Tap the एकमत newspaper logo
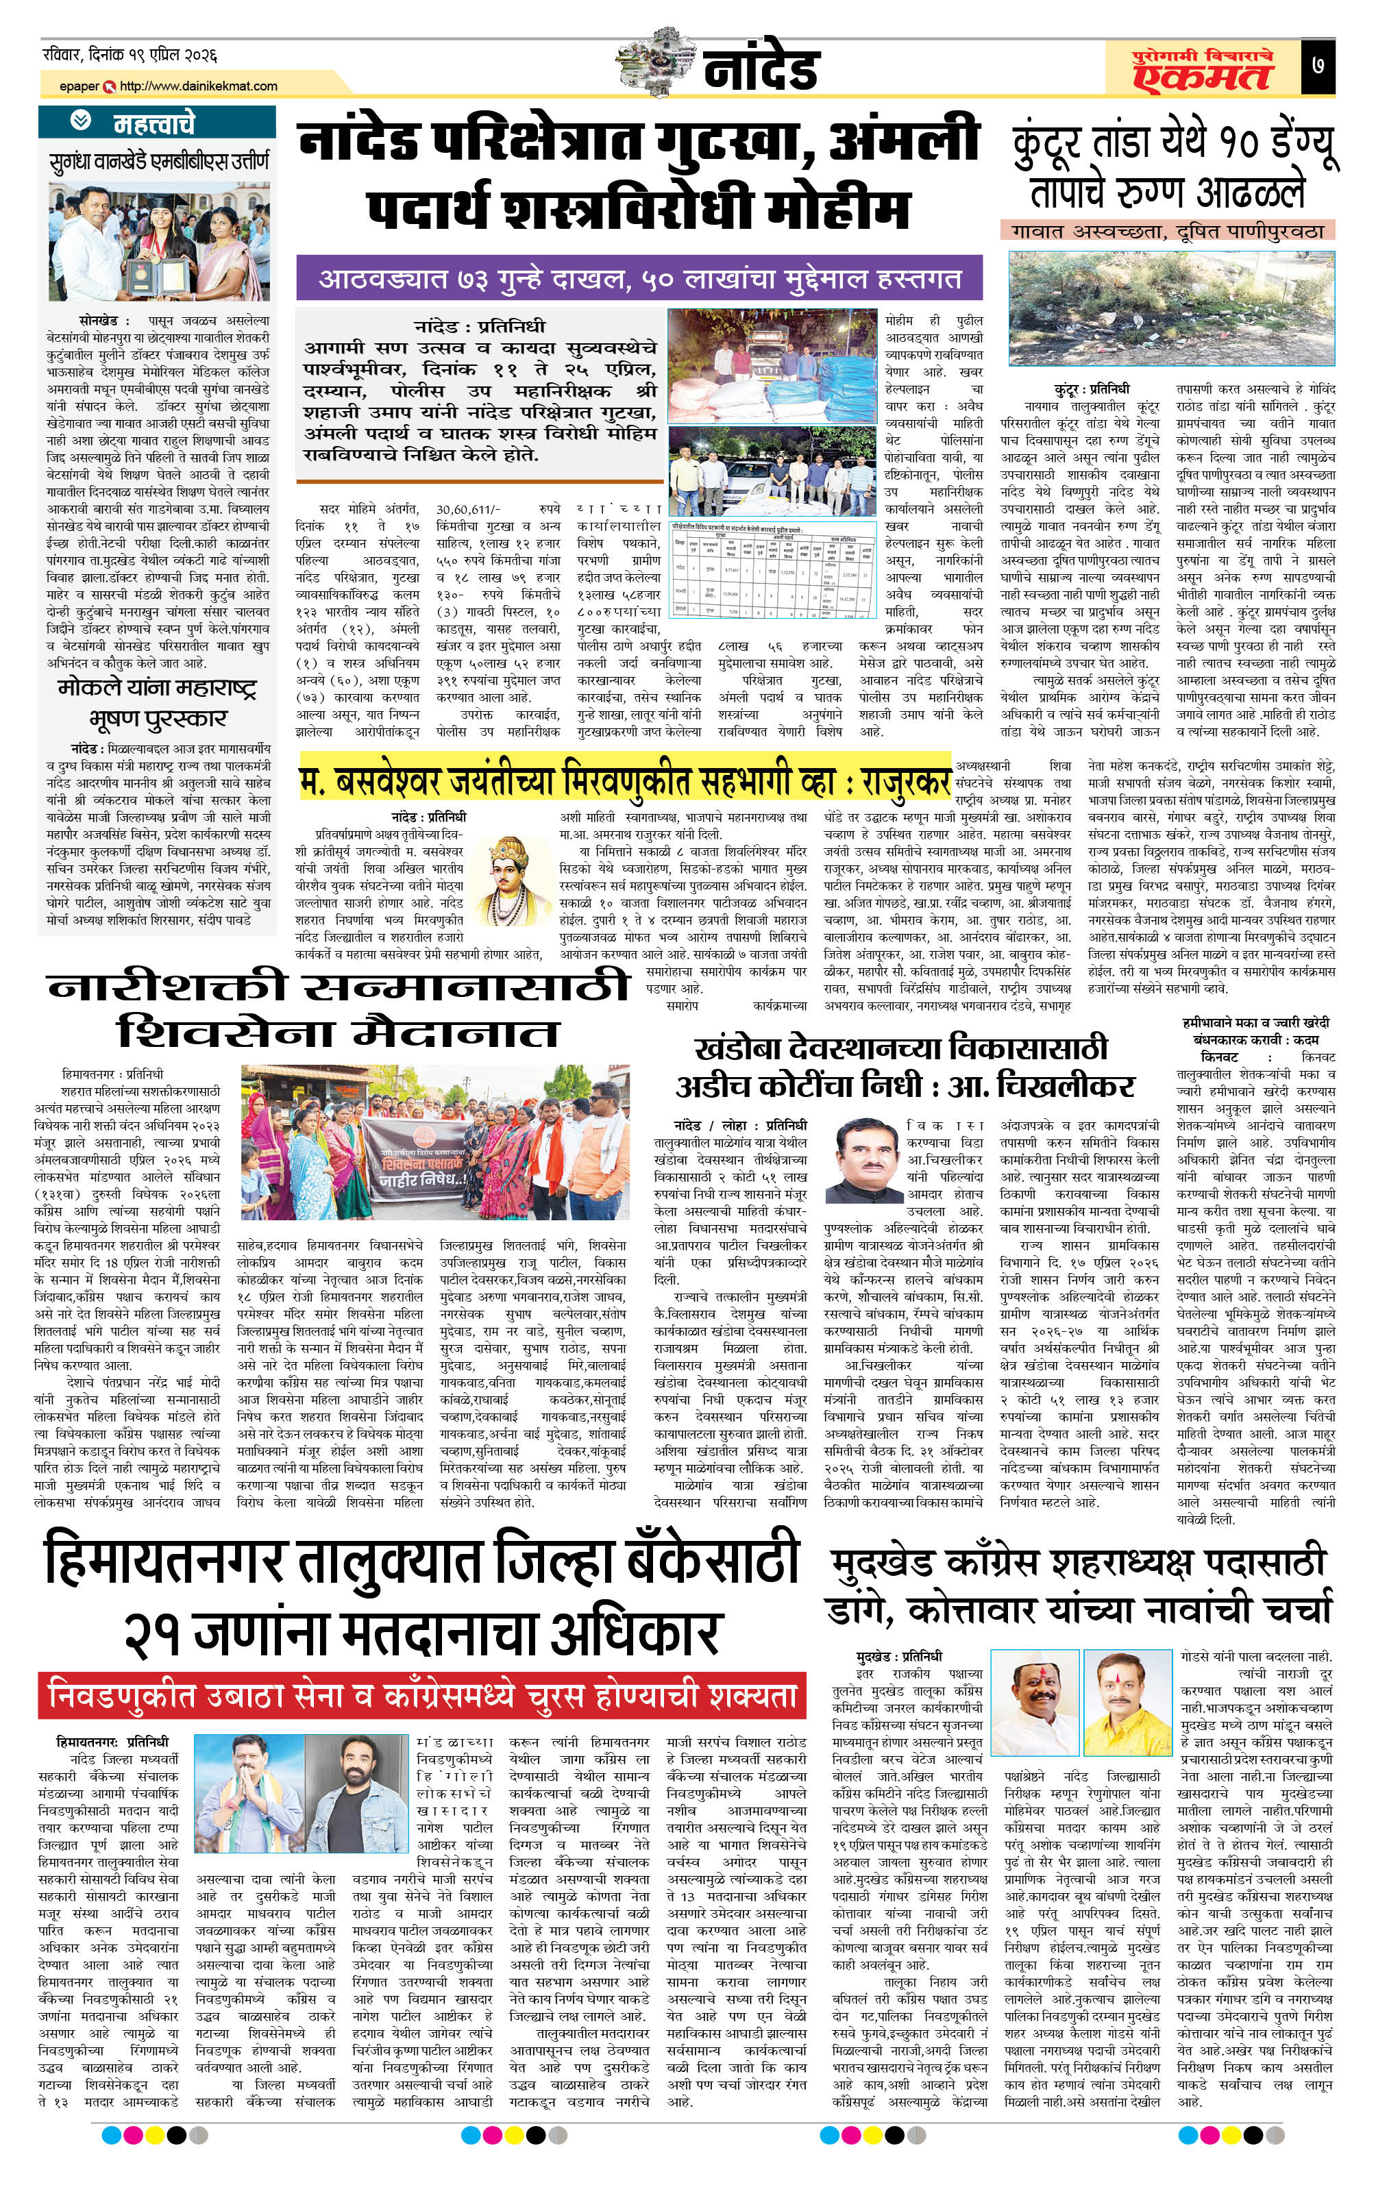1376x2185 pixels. click(1202, 70)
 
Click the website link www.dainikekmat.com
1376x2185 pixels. click(198, 86)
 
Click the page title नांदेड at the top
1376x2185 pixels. click(760, 67)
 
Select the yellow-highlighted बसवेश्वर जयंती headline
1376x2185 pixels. click(624, 780)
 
